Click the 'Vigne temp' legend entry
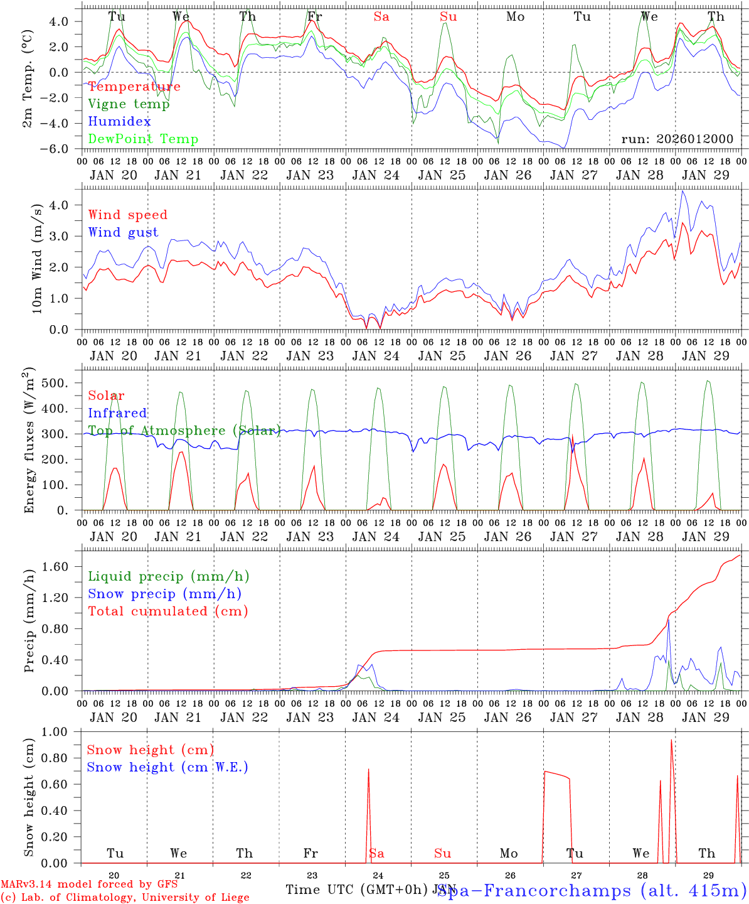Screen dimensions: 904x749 (x=129, y=104)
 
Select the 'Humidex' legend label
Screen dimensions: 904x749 (x=119, y=122)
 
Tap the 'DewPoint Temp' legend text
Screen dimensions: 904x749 (x=143, y=139)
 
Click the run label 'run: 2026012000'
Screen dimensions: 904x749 (x=677, y=139)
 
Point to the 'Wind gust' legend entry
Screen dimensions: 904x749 (x=123, y=232)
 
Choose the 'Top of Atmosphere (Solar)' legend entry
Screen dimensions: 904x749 (x=184, y=431)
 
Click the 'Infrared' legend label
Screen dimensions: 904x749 (x=117, y=413)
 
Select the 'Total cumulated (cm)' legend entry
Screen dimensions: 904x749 (x=167, y=611)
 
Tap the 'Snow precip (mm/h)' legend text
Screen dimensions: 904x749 (x=164, y=594)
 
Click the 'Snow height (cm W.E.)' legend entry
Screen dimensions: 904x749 (x=167, y=767)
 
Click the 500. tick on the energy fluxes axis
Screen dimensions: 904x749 (x=62, y=383)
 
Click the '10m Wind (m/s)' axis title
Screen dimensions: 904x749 (x=37, y=258)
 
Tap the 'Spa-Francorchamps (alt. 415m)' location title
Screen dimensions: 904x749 (x=592, y=890)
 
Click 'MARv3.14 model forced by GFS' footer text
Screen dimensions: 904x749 (x=89, y=885)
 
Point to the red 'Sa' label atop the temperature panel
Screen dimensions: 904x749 (x=381, y=17)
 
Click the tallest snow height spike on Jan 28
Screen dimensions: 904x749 (x=671, y=741)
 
